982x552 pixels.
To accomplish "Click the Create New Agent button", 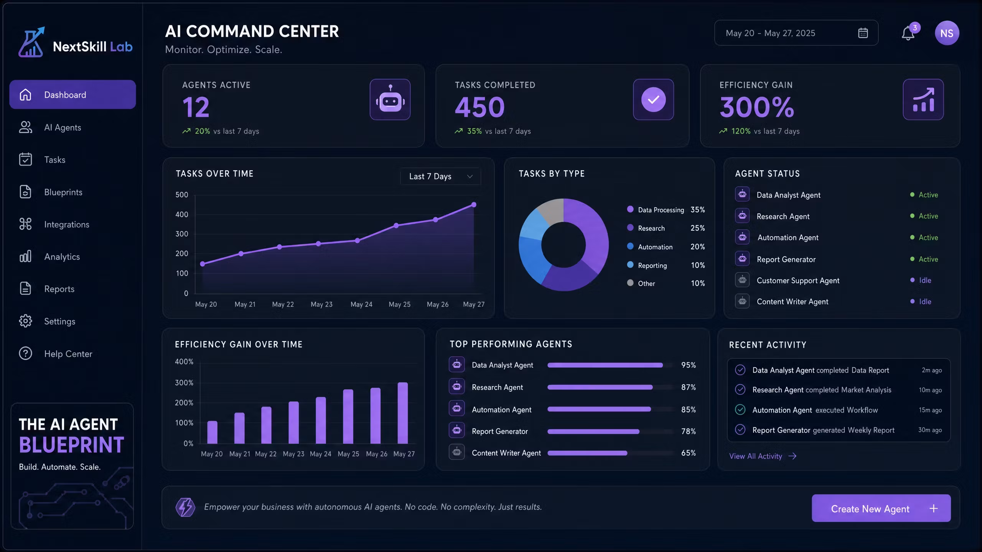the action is point(881,508).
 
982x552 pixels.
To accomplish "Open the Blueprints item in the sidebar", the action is point(63,192).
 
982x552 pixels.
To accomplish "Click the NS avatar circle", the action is point(947,33).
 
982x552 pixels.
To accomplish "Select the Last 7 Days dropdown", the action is point(440,176).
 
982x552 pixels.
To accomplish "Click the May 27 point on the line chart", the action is point(474,205).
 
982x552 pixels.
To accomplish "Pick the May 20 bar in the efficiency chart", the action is point(212,432).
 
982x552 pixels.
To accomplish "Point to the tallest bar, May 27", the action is point(403,413).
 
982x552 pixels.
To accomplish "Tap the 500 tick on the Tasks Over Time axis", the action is point(182,195).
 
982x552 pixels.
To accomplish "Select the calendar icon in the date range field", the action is point(863,33).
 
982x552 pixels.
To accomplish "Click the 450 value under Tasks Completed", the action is point(479,107).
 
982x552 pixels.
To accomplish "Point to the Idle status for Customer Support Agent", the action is point(925,280).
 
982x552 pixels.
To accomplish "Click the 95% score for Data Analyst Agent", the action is point(689,365).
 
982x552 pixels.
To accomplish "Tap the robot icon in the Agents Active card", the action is point(390,99).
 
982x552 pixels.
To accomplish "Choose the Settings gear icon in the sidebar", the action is point(26,321).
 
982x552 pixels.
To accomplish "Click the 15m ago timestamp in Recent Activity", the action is point(930,410).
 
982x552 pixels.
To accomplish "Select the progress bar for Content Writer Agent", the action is point(587,453).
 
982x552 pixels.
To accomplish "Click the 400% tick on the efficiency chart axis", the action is point(184,361).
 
